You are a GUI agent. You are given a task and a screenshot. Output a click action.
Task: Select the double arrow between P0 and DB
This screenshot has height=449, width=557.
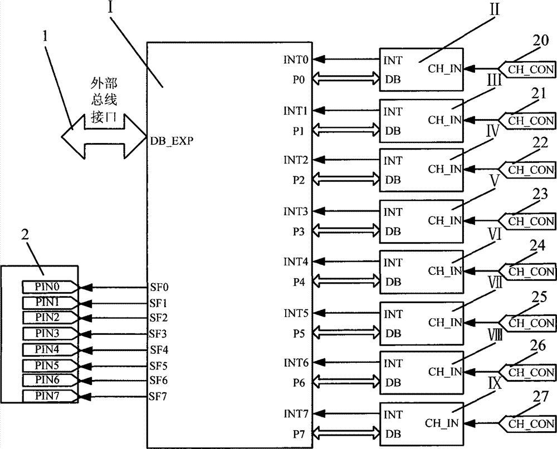[346, 80]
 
